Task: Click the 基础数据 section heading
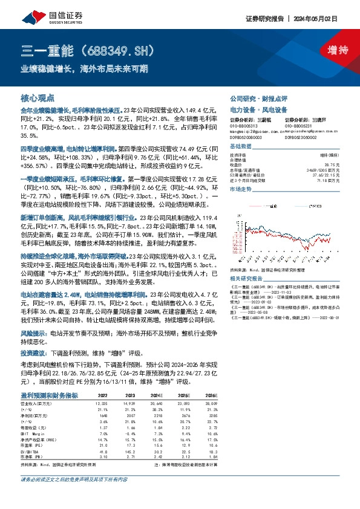[x=241, y=147]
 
